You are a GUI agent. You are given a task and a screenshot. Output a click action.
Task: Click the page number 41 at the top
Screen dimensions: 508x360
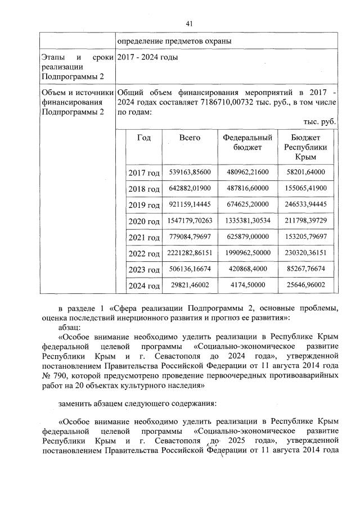tap(189, 23)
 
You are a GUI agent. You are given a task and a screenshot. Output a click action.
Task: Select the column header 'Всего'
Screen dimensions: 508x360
tap(190, 138)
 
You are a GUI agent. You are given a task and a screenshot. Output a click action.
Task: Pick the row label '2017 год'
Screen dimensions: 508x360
tap(143, 173)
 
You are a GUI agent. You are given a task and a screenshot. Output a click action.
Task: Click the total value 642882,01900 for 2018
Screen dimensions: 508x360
tap(190, 188)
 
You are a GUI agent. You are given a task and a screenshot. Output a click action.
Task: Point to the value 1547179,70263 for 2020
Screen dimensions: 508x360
tap(190, 221)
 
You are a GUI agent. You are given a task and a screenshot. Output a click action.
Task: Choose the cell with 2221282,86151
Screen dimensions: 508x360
tap(190, 253)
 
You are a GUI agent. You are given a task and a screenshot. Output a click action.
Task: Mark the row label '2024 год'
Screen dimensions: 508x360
tap(143, 286)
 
